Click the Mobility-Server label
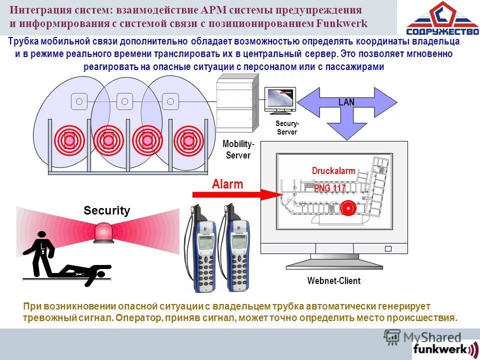[238, 149]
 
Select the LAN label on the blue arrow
[346, 102]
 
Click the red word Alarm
[227, 184]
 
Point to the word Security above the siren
[106, 210]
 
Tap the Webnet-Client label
[333, 280]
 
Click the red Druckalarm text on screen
[333, 171]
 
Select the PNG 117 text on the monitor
[329, 188]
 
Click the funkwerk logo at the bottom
[444, 348]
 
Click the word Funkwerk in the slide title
[342, 23]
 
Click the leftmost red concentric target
[68, 140]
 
